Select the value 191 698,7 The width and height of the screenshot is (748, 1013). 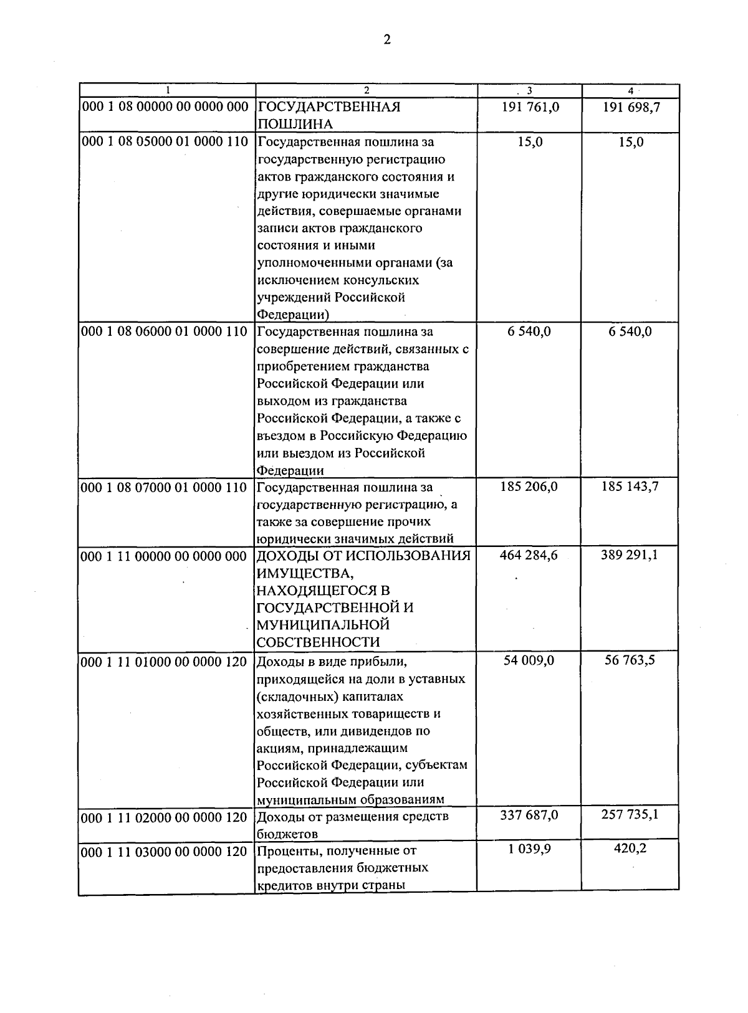[x=631, y=107]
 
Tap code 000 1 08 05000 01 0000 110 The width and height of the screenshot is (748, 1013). [x=165, y=141]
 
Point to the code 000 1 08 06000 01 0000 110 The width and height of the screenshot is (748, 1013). [x=165, y=331]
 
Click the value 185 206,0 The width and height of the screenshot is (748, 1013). [x=529, y=487]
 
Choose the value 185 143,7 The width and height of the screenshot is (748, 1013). [x=630, y=487]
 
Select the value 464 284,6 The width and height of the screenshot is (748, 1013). [x=529, y=555]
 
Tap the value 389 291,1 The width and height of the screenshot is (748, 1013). [x=630, y=555]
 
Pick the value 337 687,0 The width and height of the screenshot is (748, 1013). [x=529, y=816]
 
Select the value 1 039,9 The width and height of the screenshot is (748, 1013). [x=529, y=850]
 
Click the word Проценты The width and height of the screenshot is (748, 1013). [x=284, y=851]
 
